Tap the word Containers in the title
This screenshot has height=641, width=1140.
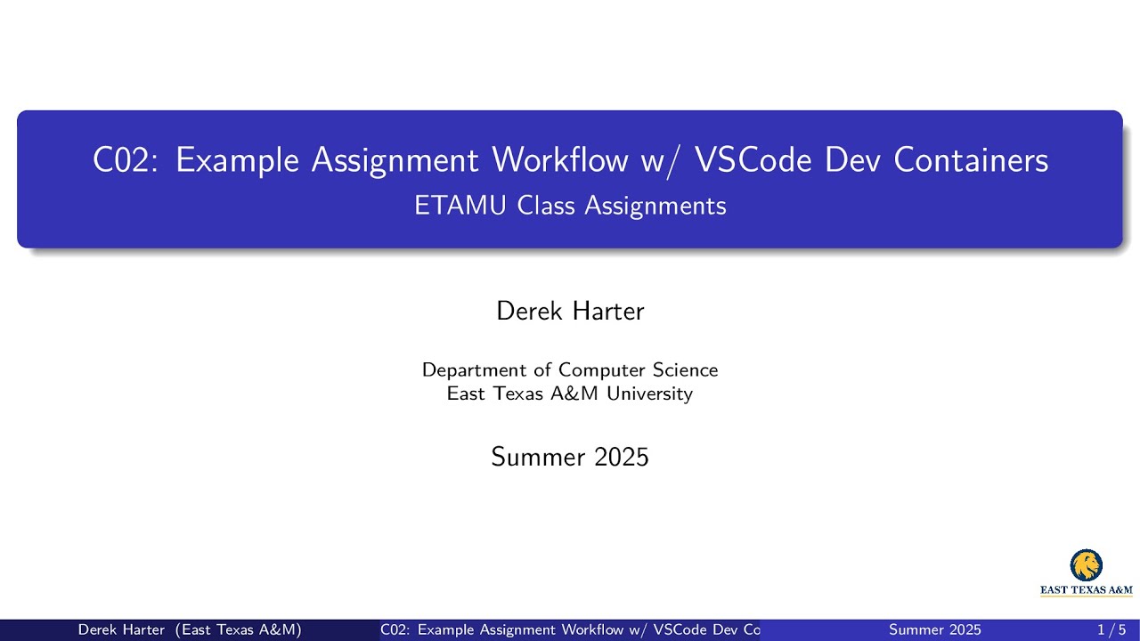coord(971,160)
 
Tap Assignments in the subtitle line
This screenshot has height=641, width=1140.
coord(655,207)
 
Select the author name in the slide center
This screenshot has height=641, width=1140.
coord(570,312)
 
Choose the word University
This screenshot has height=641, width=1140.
coord(649,394)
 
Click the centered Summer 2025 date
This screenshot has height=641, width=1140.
coord(570,458)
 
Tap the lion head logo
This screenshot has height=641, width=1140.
coord(1086,565)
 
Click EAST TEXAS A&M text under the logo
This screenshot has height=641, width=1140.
coord(1087,589)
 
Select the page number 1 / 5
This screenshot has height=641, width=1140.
coord(1112,630)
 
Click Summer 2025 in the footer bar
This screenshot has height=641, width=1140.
coord(935,630)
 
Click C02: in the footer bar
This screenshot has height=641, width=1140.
coord(395,630)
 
